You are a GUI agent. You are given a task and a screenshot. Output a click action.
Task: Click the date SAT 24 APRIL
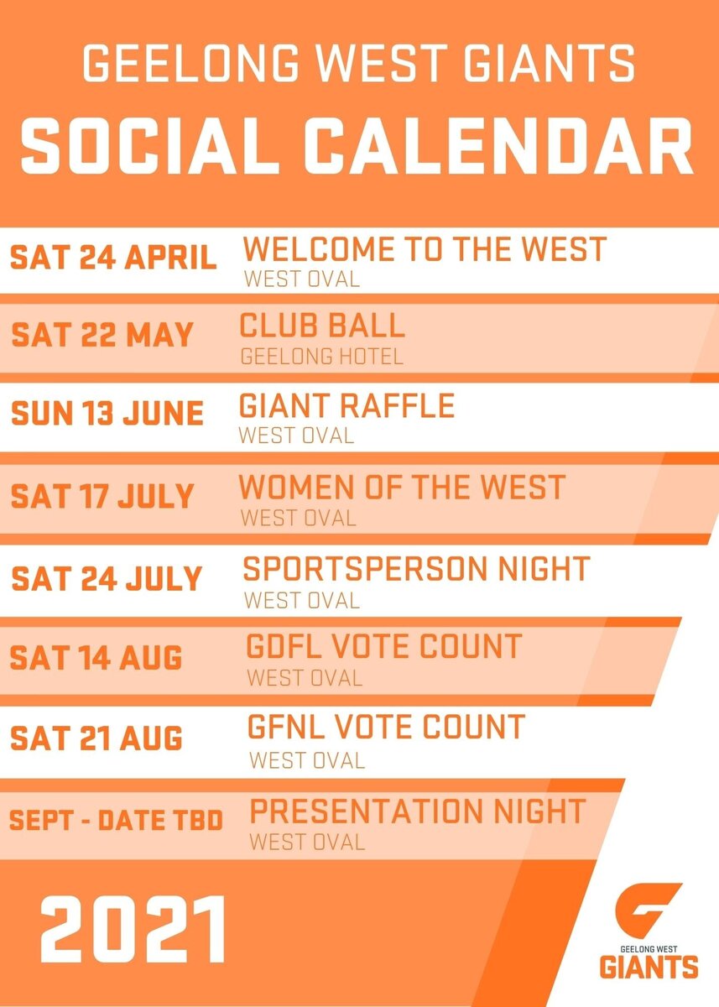(x=113, y=258)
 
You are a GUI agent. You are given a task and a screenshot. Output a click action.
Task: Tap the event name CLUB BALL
(x=322, y=326)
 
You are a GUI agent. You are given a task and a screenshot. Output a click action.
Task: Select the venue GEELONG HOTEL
(x=322, y=356)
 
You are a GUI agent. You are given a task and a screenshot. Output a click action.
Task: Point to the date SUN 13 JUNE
(x=107, y=414)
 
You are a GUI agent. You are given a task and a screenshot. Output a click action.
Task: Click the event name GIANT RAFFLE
(x=346, y=406)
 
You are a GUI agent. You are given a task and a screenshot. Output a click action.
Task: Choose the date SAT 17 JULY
(x=102, y=495)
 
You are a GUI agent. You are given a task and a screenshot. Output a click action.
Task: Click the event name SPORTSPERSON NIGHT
(x=416, y=569)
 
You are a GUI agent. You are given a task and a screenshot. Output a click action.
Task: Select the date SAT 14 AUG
(x=96, y=658)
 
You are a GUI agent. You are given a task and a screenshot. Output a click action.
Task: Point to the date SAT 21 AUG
(x=96, y=738)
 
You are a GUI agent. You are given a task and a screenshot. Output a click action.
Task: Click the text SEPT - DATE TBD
(x=117, y=820)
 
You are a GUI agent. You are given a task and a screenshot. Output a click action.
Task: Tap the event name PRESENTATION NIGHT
(x=418, y=811)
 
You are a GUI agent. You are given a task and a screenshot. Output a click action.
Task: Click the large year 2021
(x=134, y=929)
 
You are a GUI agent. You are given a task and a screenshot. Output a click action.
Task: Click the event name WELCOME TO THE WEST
(x=425, y=250)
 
